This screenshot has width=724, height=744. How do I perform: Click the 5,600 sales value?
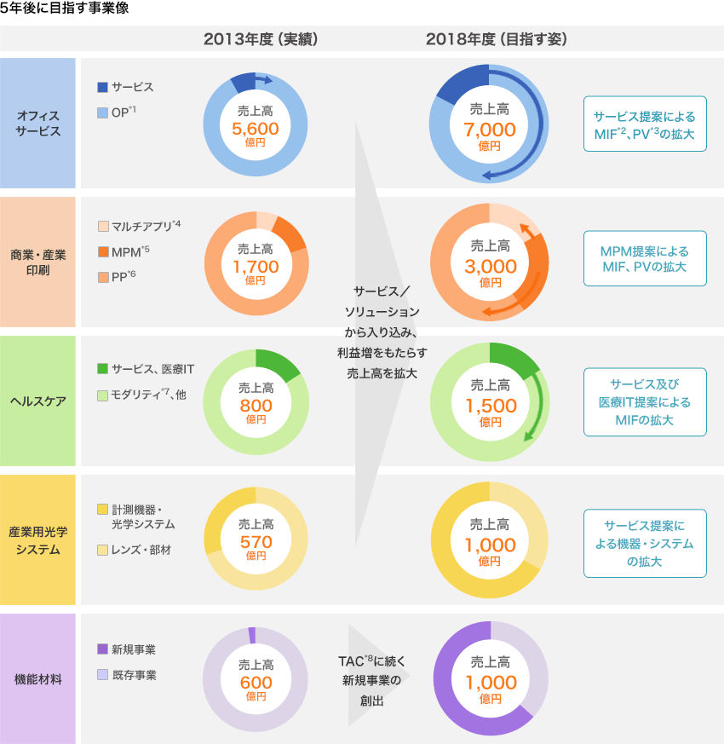click(x=256, y=129)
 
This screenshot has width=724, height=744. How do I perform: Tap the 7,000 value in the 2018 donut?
click(x=490, y=130)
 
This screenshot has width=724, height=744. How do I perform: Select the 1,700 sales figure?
click(x=256, y=267)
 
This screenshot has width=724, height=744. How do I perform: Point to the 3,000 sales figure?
click(x=490, y=267)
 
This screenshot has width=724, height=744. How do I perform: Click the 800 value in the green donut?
click(x=256, y=406)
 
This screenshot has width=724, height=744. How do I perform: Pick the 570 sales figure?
click(x=256, y=543)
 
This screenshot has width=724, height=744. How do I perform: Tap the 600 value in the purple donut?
click(x=256, y=683)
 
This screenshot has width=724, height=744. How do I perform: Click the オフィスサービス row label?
click(x=38, y=124)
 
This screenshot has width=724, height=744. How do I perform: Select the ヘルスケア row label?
click(x=38, y=401)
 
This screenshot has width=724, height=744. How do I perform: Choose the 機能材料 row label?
click(x=38, y=679)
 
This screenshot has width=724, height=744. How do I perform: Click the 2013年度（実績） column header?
click(x=260, y=39)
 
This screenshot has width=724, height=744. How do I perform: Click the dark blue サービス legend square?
click(x=103, y=87)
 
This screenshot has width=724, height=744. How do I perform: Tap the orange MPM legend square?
click(x=103, y=251)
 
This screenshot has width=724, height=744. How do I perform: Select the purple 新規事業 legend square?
click(x=103, y=649)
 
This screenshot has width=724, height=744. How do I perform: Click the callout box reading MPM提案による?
click(x=645, y=260)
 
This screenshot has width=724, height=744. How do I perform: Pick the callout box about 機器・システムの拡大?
click(x=645, y=544)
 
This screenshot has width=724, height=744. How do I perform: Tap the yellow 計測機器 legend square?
click(x=103, y=509)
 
